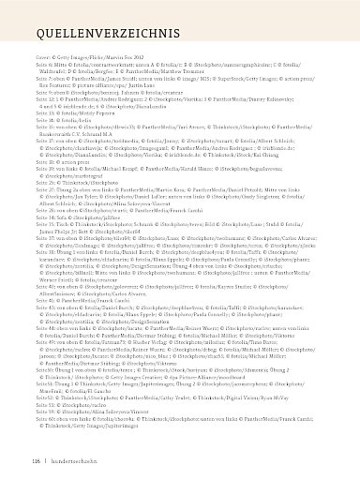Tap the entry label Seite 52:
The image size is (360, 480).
pyautogui.click(x=43, y=398)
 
